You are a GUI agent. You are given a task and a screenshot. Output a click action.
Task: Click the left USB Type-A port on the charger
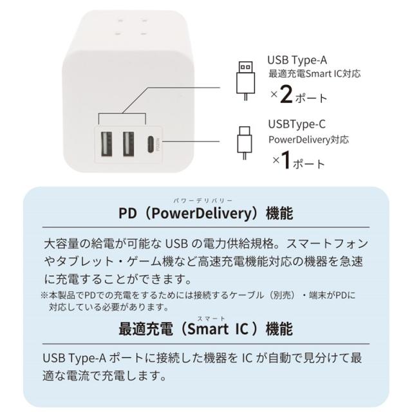coord(106,144)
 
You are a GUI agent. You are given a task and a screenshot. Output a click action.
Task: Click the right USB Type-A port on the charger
coord(129,144)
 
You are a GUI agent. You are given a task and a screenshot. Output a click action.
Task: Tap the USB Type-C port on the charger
coord(151,144)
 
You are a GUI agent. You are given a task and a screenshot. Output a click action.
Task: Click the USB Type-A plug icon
coord(246,80)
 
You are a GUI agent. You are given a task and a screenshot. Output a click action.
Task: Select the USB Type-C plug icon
coord(245,143)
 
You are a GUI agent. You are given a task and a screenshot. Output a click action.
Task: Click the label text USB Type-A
coord(297,61)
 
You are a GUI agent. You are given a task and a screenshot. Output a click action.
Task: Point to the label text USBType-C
coord(297,124)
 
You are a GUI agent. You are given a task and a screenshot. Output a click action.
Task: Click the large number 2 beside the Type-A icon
coord(286,95)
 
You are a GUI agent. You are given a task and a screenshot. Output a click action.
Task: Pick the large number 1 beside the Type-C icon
coord(285,160)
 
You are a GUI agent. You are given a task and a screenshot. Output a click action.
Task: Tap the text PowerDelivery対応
coord(308,140)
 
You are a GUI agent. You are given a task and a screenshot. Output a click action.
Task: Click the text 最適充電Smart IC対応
coord(314,74)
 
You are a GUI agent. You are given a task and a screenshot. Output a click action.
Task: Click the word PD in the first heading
coord(127,213)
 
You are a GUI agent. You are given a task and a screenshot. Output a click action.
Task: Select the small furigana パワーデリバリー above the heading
coord(203,201)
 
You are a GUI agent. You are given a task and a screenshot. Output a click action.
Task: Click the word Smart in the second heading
coord(208,330)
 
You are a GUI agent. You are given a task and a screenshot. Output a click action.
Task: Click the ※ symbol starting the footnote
coord(44,295)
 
